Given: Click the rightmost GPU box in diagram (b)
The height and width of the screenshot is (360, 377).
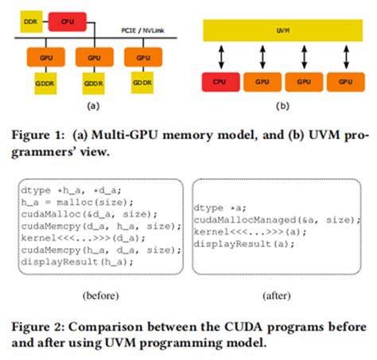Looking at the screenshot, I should (x=346, y=81).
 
